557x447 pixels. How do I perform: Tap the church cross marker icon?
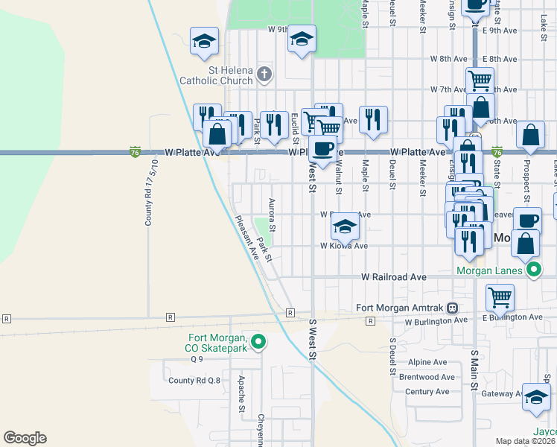264,73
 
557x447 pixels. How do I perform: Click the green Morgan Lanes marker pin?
533,269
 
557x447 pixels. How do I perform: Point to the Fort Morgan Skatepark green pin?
258,342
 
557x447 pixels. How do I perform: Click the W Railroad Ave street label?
393,276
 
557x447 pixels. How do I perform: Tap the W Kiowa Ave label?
344,245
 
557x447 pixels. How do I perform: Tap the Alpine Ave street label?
427,362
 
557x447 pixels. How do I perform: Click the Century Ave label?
427,391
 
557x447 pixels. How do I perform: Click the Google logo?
25,438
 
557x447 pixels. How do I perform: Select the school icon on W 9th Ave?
302,39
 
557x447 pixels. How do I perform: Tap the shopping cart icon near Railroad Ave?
500,297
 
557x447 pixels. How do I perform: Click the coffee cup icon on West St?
322,148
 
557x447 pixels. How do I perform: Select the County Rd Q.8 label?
194,380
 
